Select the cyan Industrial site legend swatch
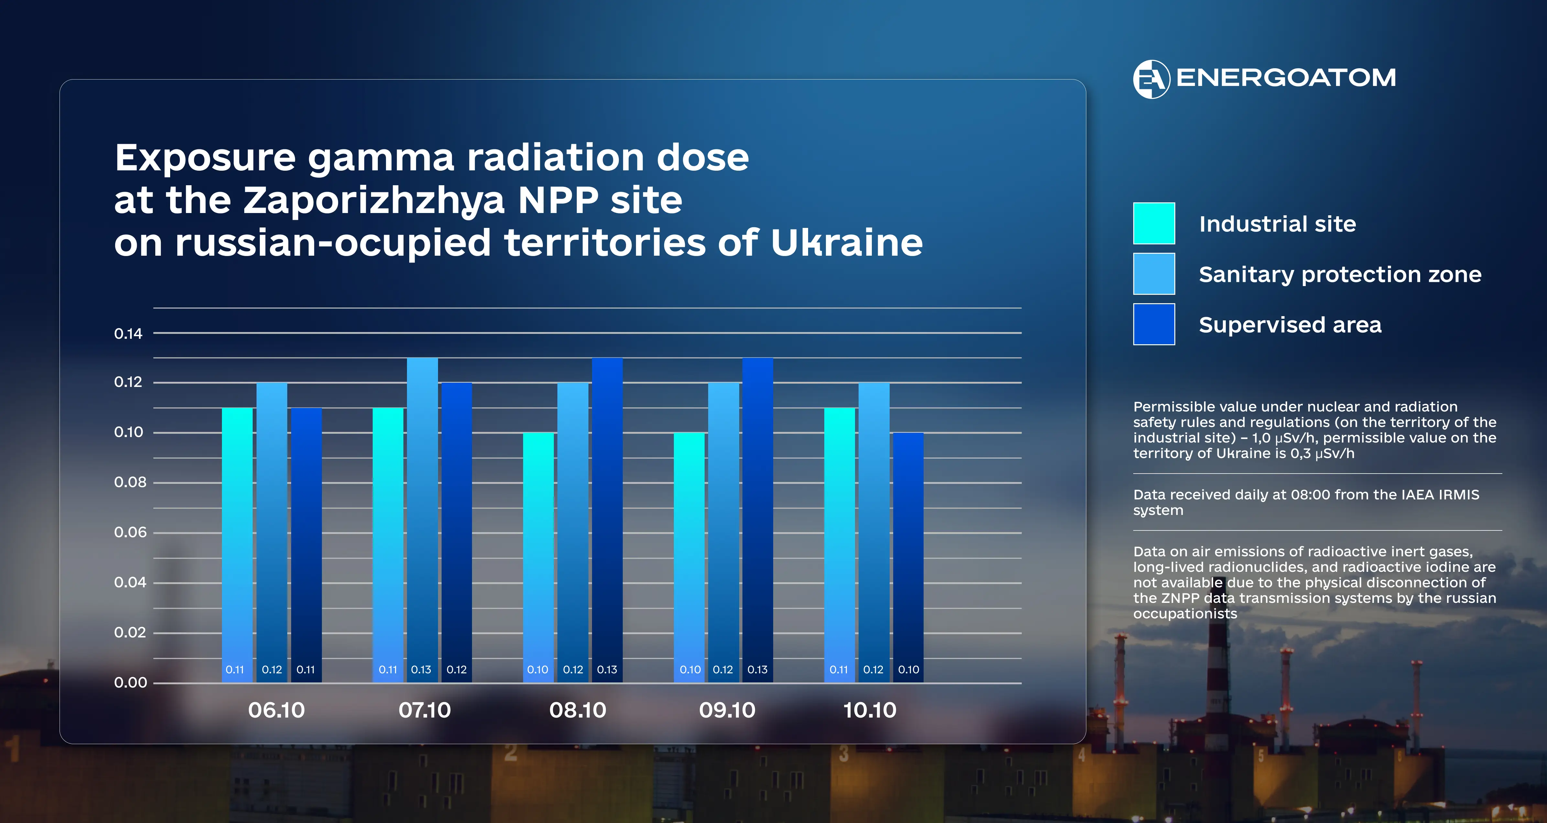point(1154,223)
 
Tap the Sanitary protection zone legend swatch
point(1154,274)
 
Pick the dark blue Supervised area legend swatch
point(1154,324)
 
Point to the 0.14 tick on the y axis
point(128,334)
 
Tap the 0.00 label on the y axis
point(130,682)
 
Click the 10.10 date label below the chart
point(870,710)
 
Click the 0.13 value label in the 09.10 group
point(757,669)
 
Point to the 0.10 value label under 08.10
point(537,669)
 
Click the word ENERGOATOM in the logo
point(1286,78)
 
